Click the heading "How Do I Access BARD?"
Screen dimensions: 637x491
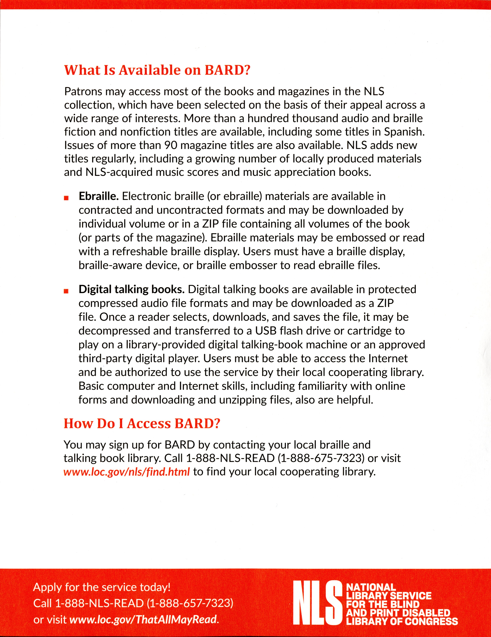coord(142,424)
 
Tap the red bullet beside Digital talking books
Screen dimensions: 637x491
coord(66,291)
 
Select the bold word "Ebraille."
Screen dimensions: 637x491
coord(98,196)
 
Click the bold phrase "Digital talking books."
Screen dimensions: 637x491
coord(131,289)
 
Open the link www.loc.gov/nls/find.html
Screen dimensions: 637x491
coord(127,472)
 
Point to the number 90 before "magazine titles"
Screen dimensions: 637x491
coord(170,145)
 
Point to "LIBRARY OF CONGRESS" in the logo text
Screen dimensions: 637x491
coord(402,621)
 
